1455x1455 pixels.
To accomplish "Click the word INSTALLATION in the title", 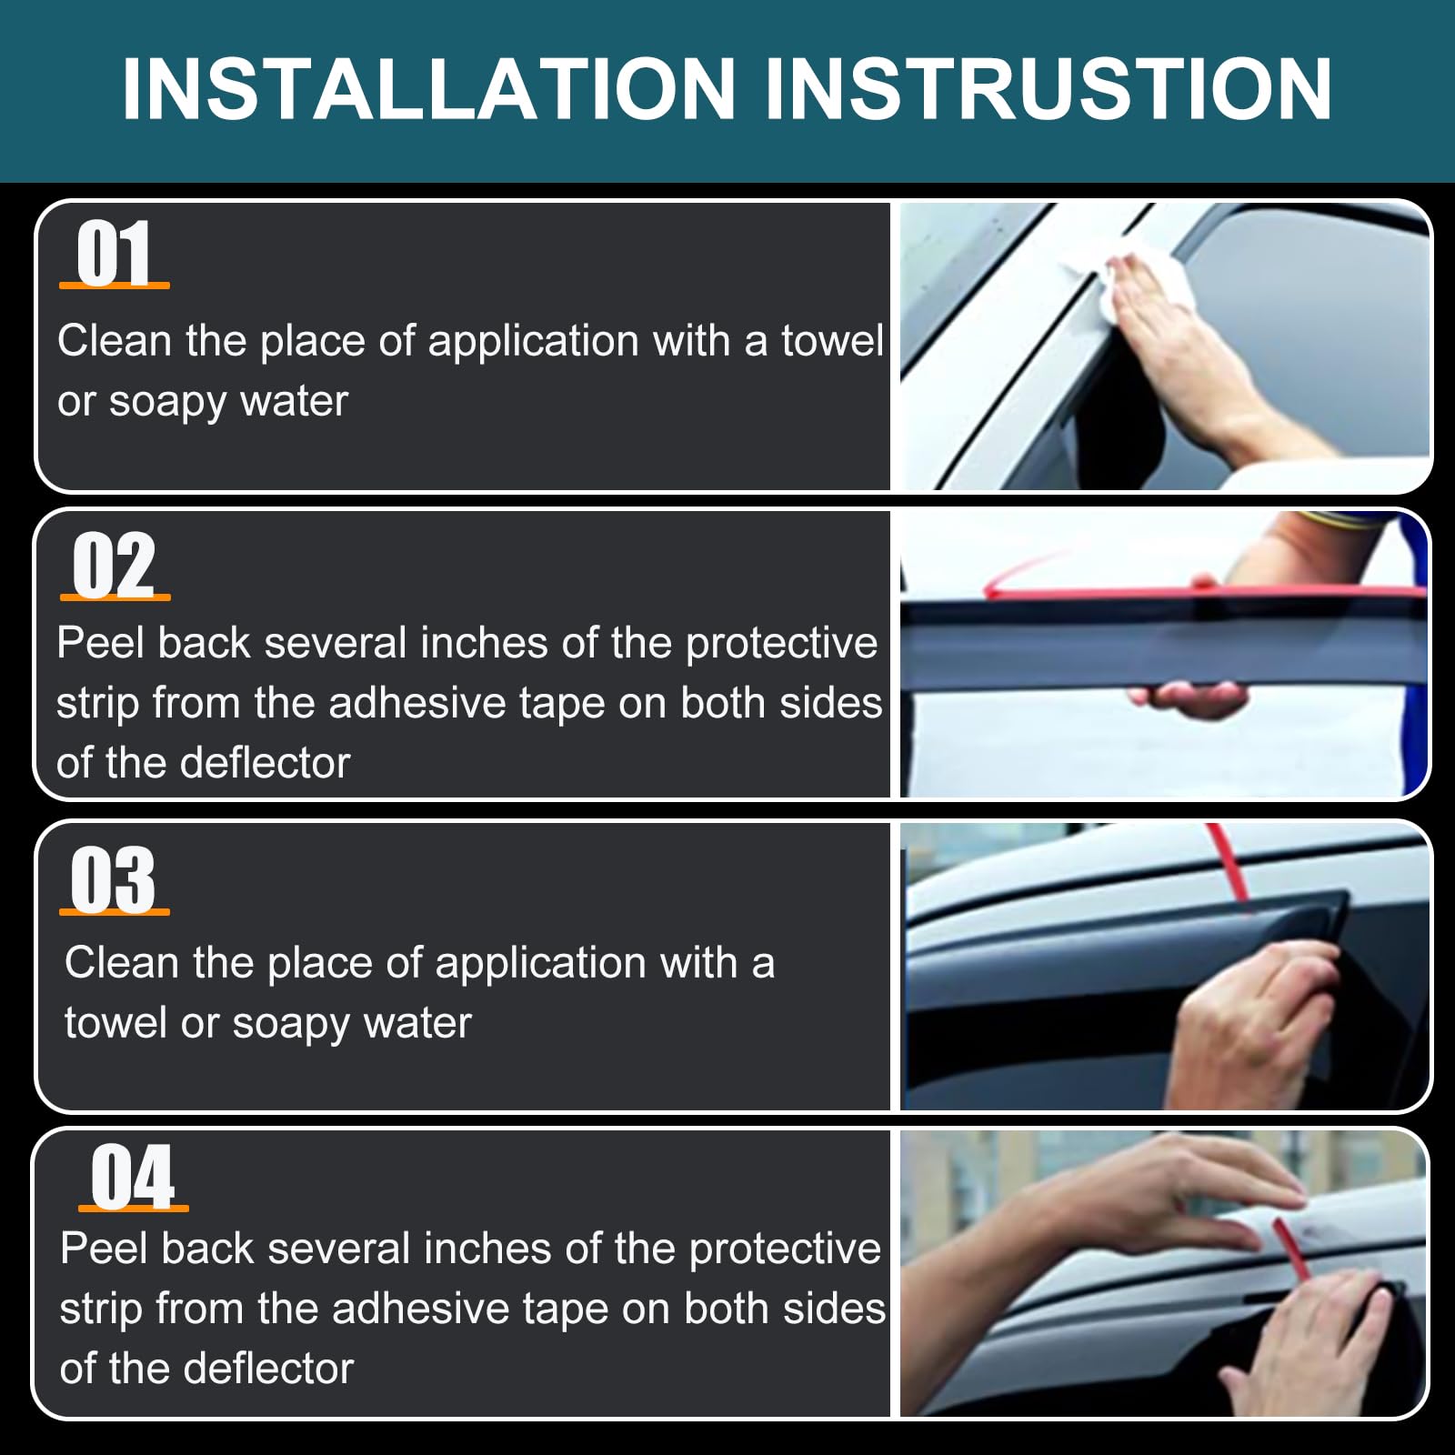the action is click(x=428, y=89).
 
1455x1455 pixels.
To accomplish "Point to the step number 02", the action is click(x=115, y=565).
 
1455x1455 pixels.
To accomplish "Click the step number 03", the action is click(x=114, y=878).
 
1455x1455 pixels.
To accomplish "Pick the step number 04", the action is click(x=133, y=1176).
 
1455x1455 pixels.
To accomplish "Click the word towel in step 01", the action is click(x=832, y=341).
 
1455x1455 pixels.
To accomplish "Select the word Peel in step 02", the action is click(x=100, y=643).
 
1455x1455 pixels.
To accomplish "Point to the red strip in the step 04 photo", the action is click(x=1291, y=1248).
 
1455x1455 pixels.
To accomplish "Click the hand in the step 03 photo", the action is click(x=1255, y=1023).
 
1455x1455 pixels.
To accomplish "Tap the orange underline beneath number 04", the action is click(x=134, y=1208).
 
